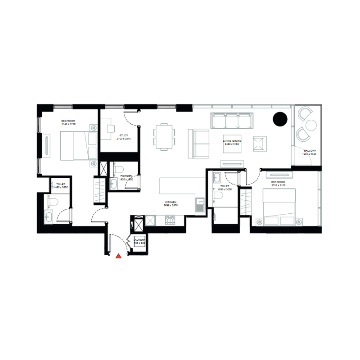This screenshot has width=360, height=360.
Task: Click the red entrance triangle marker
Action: click(x=118, y=256)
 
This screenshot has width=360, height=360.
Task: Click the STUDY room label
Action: click(x=124, y=135)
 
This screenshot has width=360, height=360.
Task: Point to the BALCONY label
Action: click(x=310, y=151)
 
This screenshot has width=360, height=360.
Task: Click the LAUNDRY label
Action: click(x=139, y=240)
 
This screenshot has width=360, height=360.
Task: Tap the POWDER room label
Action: click(x=126, y=176)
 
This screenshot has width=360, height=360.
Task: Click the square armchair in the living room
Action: click(x=260, y=144)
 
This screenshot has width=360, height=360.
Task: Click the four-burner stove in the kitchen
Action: click(x=171, y=220)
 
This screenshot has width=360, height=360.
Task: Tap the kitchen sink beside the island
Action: click(x=199, y=207)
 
